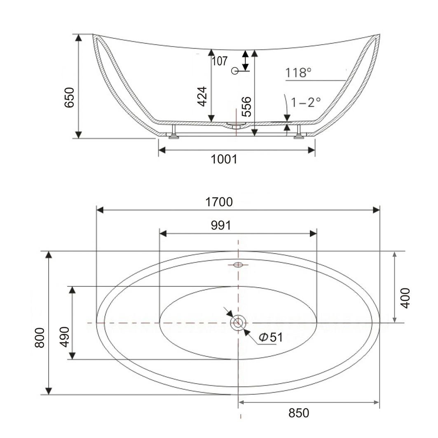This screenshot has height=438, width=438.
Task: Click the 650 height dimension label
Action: [x=69, y=98]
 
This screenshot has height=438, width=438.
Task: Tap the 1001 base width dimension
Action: [x=224, y=159]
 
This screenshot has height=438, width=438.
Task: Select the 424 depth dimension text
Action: [x=202, y=96]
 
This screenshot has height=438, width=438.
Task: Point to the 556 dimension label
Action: [x=246, y=106]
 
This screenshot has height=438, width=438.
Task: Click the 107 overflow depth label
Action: [x=220, y=61]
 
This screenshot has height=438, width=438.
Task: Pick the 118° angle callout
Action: [x=298, y=73]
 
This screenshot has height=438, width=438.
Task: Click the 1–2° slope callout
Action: [x=306, y=103]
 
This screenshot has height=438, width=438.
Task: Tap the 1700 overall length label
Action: [x=219, y=202]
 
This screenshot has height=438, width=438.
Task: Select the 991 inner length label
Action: [x=221, y=225]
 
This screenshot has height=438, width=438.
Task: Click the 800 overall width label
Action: [x=40, y=338]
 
